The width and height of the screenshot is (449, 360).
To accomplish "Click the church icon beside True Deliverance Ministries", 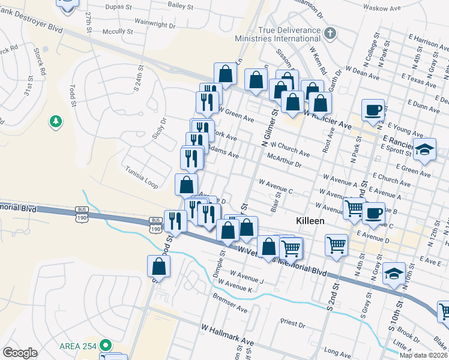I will (x=330, y=32).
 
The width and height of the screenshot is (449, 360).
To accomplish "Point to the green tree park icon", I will (x=55, y=122).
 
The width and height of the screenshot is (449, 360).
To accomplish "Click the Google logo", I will (x=20, y=352).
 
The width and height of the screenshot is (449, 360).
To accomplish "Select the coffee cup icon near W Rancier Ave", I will (x=373, y=110).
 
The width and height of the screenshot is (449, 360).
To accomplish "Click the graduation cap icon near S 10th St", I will (x=394, y=273).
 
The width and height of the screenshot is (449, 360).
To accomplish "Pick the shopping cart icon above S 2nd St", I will (x=336, y=244).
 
